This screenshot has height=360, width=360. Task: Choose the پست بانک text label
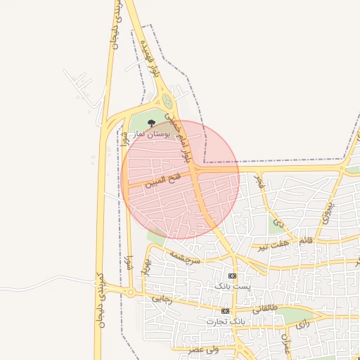pos(231,288)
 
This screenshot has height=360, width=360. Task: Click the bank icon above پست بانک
pos(232,276)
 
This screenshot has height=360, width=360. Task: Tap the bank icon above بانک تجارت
pos(225,311)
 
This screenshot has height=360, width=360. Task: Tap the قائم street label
pos(305,240)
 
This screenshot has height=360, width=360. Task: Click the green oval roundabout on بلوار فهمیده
pos(167,102)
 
